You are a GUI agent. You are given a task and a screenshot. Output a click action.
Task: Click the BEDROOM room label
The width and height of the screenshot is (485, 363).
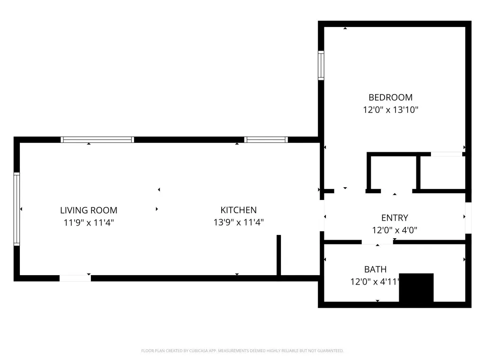point(390,97)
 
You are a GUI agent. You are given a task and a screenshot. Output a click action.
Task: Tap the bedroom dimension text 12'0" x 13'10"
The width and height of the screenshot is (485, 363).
point(390,110)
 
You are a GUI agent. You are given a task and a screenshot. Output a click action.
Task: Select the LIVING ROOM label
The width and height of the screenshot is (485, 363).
point(89,210)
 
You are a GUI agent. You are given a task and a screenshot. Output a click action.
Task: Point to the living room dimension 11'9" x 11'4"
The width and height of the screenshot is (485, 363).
point(89,222)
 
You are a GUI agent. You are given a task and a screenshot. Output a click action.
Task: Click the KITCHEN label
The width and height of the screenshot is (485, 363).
point(239,210)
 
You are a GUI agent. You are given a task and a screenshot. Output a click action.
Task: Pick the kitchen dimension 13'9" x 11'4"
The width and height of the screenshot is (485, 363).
point(239,222)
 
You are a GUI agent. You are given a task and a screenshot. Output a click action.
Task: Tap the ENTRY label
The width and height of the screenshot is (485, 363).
point(395,217)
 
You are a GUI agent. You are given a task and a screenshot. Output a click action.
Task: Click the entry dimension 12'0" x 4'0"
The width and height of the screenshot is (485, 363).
point(395,230)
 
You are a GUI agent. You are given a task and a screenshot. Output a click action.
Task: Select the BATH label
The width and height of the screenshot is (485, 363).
point(375,269)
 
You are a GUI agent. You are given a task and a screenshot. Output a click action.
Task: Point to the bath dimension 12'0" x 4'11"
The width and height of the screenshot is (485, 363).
point(375,282)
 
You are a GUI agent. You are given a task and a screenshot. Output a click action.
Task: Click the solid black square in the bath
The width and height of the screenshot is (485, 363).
point(416,287)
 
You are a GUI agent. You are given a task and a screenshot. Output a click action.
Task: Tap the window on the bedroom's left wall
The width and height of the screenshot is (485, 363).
point(321,65)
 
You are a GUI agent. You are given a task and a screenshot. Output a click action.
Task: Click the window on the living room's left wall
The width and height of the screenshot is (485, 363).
point(17,209)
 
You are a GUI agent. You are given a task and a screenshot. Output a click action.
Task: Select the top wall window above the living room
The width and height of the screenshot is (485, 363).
point(98,139)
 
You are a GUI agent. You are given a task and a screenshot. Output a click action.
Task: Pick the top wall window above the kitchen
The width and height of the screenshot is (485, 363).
point(266,139)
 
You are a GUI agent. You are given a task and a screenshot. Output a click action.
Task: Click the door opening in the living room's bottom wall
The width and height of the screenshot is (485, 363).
point(75,278)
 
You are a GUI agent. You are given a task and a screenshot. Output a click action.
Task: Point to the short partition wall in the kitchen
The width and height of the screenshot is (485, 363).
point(278,255)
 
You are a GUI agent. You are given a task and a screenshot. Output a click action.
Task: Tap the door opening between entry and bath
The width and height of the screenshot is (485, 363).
point(377,242)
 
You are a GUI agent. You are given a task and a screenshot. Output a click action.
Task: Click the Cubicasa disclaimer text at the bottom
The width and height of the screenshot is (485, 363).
point(242,351)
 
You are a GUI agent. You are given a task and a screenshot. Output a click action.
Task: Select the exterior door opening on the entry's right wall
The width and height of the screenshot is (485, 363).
point(468,218)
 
